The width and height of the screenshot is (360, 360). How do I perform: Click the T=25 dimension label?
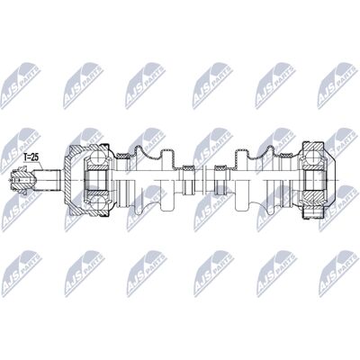[31, 157]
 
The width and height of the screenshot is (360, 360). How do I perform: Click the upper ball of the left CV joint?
[97, 157]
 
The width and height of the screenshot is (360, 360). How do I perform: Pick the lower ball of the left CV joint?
[97, 202]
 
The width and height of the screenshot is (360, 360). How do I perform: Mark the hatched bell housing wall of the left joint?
[71, 180]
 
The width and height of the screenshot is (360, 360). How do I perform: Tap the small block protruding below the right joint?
[312, 212]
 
